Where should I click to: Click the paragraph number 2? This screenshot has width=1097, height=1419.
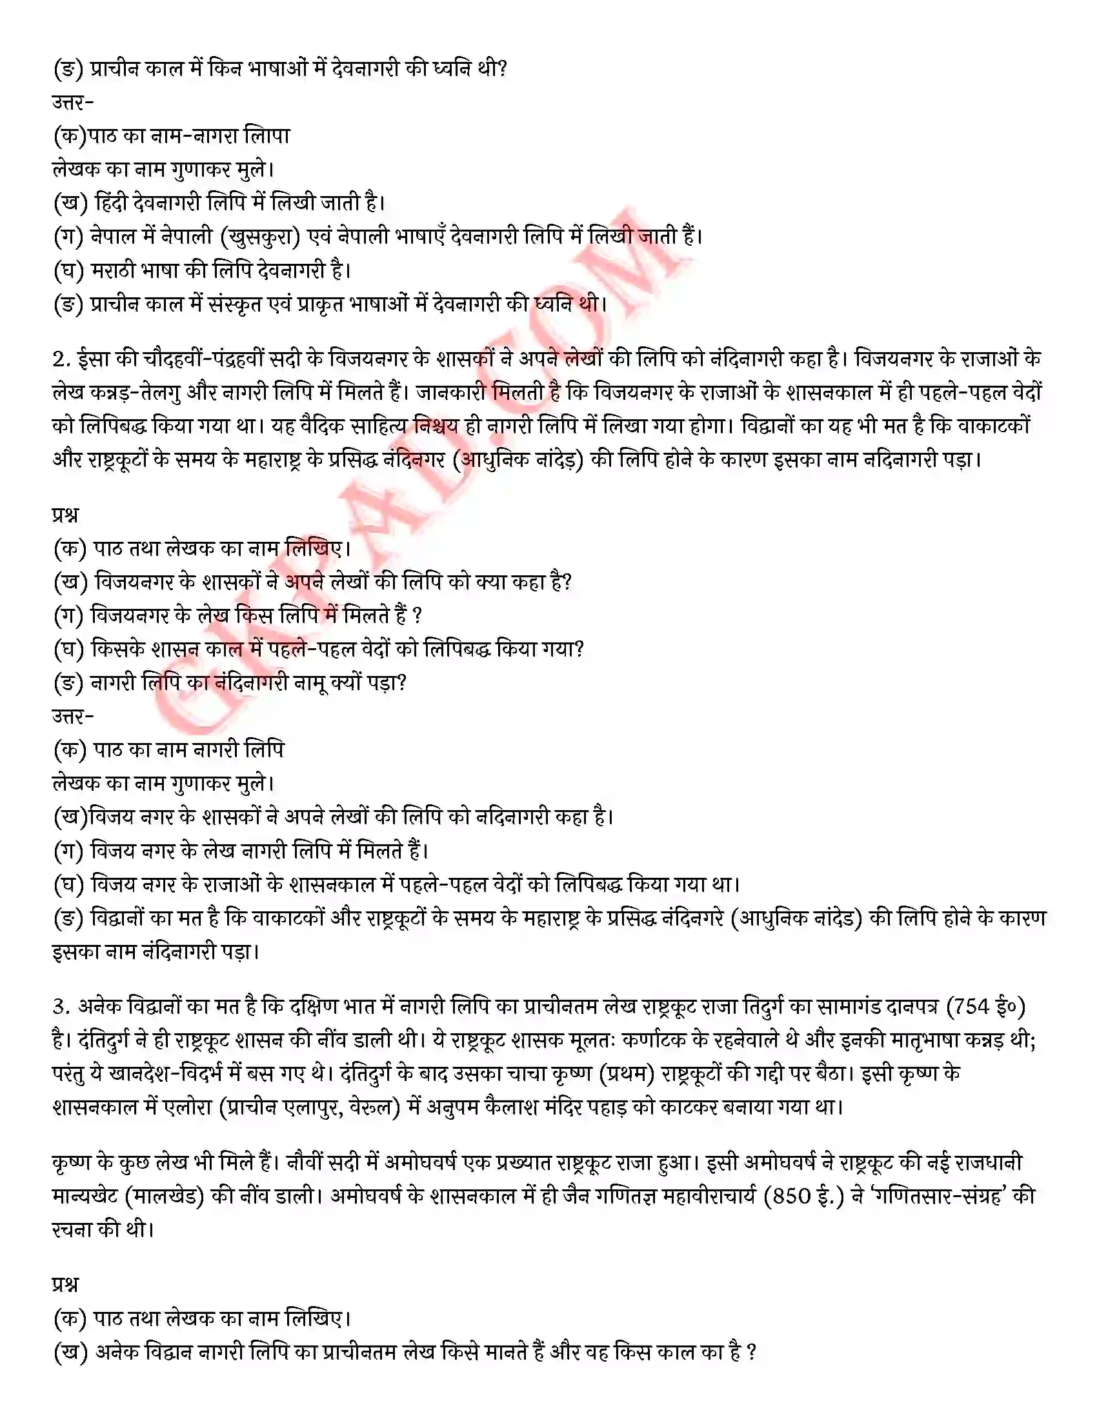[x=59, y=359]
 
